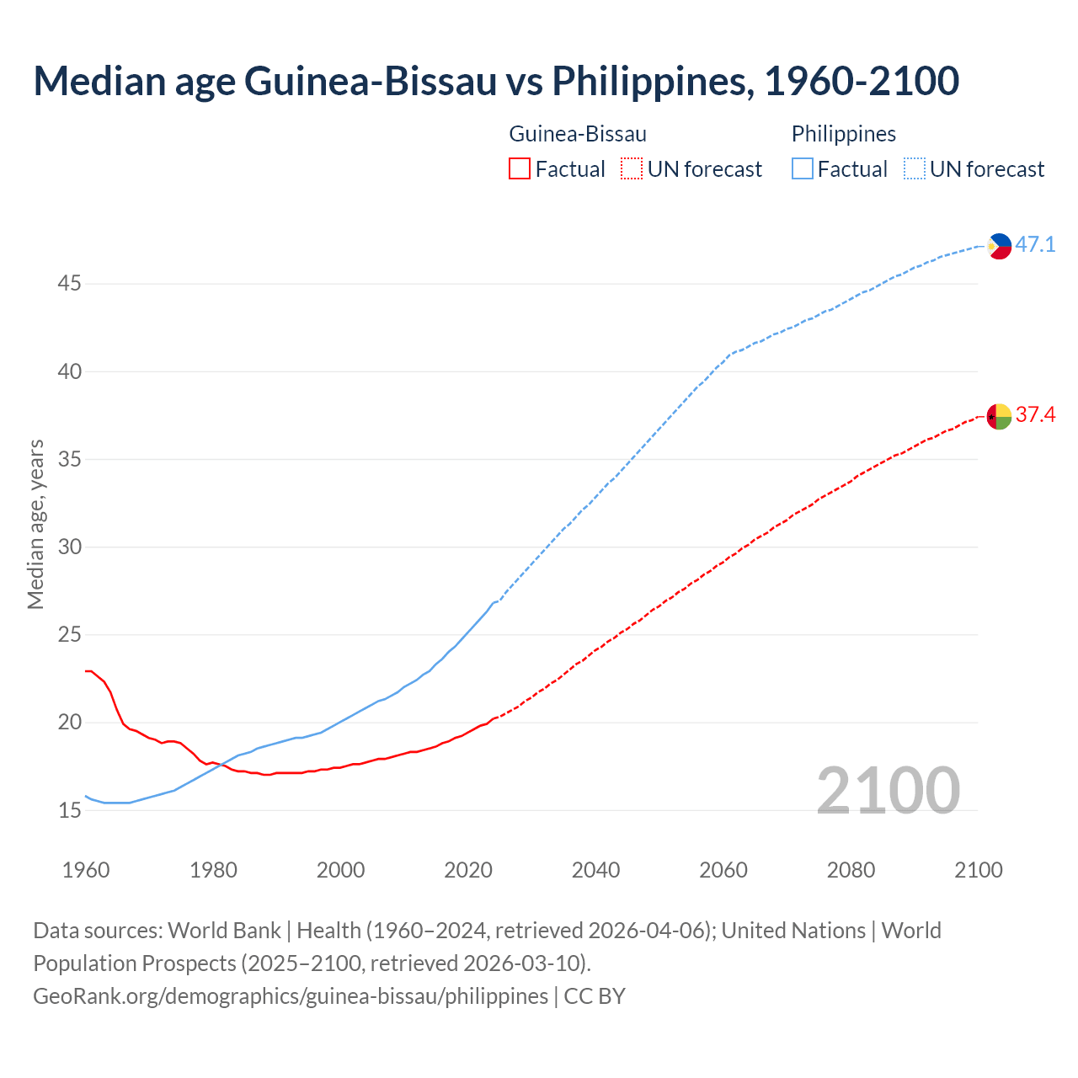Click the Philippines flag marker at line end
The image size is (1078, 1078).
click(x=999, y=246)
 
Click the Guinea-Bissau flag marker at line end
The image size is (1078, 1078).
click(x=999, y=416)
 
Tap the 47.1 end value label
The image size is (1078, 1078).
click(x=1035, y=245)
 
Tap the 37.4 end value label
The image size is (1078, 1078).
click(x=1035, y=415)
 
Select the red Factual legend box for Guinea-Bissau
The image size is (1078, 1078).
click(x=520, y=169)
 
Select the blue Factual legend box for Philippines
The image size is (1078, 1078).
click(x=803, y=169)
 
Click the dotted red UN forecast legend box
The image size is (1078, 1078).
click(x=632, y=169)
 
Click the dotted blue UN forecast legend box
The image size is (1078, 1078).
click(x=915, y=169)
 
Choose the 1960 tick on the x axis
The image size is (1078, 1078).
click(x=86, y=870)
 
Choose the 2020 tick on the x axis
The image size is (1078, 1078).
click(x=468, y=870)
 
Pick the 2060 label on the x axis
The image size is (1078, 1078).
click(x=723, y=870)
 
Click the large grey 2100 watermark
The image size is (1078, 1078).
click(x=888, y=790)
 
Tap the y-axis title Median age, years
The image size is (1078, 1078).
click(x=35, y=524)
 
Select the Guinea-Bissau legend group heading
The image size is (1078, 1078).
click(x=578, y=134)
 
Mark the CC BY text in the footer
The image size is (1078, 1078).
click(x=595, y=996)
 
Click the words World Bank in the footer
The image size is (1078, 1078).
click(x=224, y=931)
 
